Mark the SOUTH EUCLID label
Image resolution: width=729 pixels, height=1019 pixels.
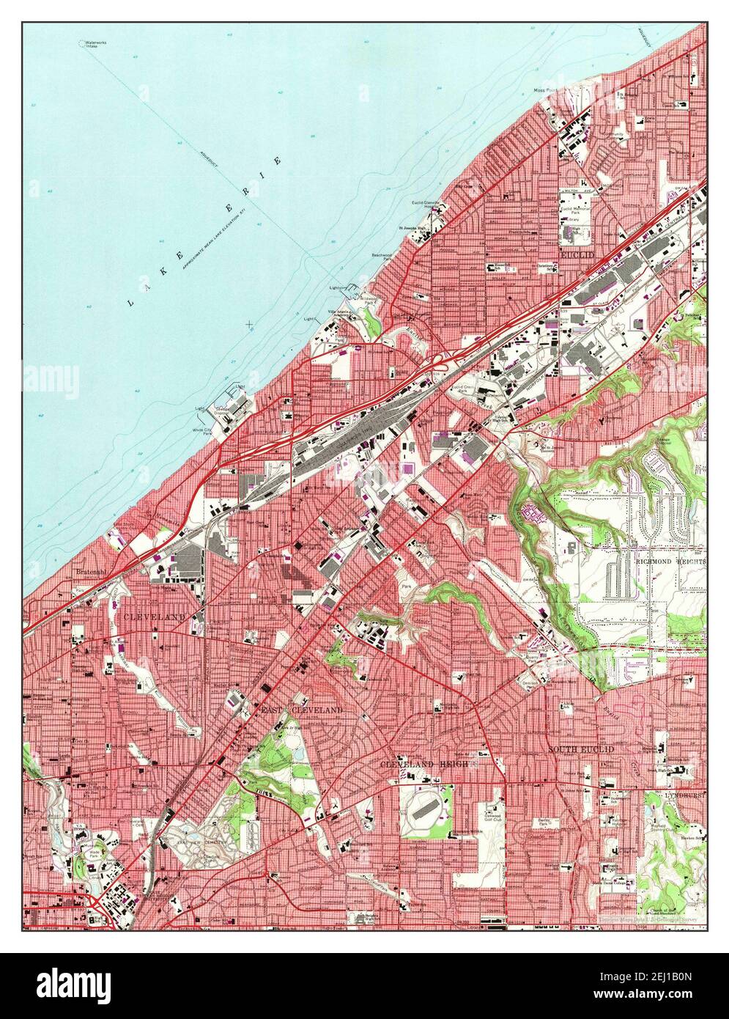(x=580, y=748)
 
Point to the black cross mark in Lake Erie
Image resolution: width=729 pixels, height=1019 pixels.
(x=251, y=323)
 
